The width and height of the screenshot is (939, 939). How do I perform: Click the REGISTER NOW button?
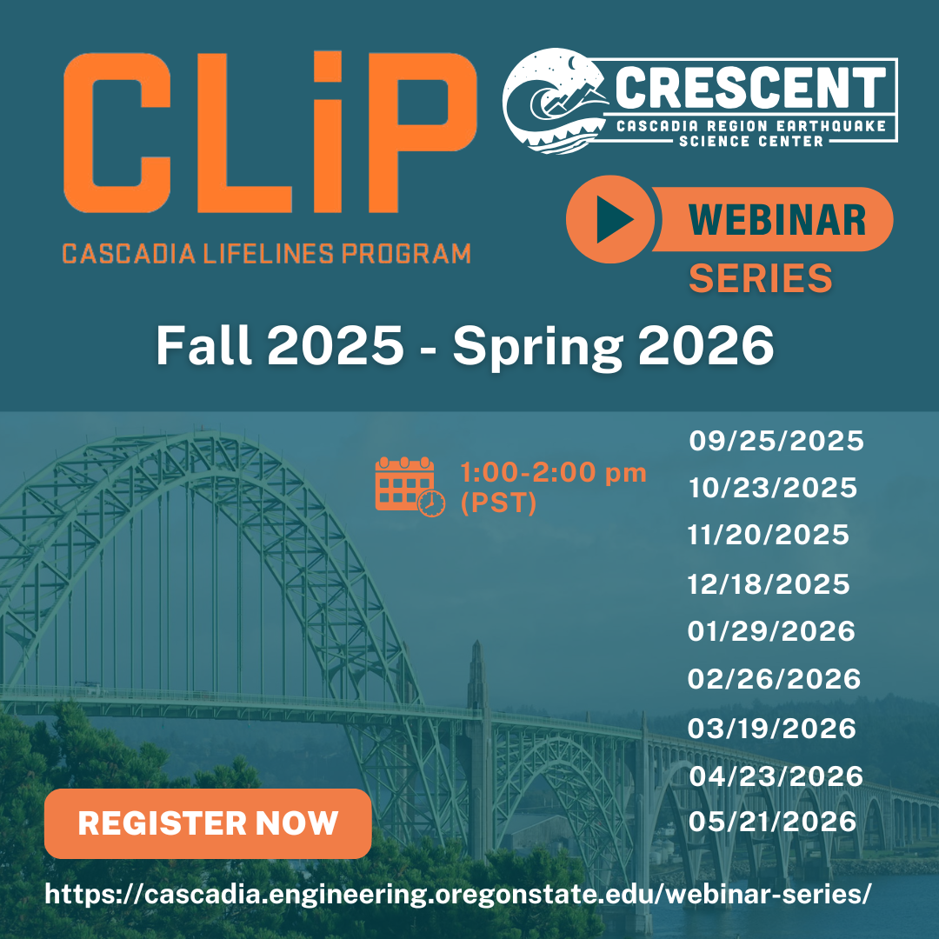208,823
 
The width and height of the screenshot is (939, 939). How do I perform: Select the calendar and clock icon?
410,486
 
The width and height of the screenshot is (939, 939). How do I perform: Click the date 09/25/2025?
776,442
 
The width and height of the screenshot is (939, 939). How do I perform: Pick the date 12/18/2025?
769,584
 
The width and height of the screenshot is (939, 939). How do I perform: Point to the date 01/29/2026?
771,632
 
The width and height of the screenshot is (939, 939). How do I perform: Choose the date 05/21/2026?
773,822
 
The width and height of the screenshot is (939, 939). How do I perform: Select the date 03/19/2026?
772,729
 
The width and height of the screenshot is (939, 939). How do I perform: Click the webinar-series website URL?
458,895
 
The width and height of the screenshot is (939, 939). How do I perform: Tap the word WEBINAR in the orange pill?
777,220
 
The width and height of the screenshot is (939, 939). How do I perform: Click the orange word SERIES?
761,278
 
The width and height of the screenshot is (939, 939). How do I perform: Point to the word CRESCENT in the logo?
750,88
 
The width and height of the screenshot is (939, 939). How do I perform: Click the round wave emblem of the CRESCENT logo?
554,101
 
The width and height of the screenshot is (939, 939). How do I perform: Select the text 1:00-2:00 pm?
553,473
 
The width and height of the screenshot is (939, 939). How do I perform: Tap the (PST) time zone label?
498,503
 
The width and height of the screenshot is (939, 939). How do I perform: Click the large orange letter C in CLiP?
117,132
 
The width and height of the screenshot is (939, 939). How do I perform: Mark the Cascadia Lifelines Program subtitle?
267,254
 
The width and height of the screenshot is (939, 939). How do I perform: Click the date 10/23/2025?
773,489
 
